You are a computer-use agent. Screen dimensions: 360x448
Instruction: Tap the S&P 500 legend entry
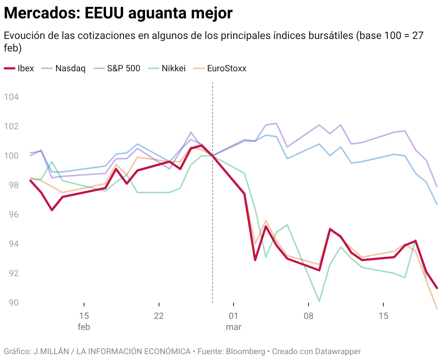point(118,68)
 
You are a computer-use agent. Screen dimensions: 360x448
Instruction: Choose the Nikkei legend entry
point(167,68)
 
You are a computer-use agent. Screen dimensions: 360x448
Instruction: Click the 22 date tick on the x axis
point(159,316)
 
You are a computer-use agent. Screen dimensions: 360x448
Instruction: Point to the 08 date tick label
point(308,316)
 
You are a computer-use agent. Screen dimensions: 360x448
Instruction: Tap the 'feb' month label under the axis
point(84,327)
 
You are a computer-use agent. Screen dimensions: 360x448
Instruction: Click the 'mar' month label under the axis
point(234,327)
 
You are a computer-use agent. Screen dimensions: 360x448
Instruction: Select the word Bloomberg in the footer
point(245,351)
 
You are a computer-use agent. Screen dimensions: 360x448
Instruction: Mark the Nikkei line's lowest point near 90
point(319,301)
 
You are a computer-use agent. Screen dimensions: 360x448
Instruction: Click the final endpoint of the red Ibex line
point(437,288)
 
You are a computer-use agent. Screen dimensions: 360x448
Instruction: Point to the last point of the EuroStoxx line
point(437,309)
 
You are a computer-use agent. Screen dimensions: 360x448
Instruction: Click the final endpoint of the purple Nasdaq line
point(437,187)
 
